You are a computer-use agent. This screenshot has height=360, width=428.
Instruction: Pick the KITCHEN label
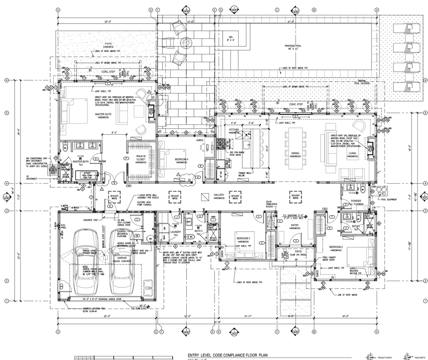[x=234, y=130]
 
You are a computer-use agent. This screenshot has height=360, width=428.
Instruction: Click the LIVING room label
[x=352, y=154]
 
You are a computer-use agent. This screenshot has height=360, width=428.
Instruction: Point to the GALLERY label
[x=219, y=195]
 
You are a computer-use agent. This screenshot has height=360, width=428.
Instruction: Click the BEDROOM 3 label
[x=243, y=239]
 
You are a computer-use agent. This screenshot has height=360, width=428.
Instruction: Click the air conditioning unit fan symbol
[x=53, y=169]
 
